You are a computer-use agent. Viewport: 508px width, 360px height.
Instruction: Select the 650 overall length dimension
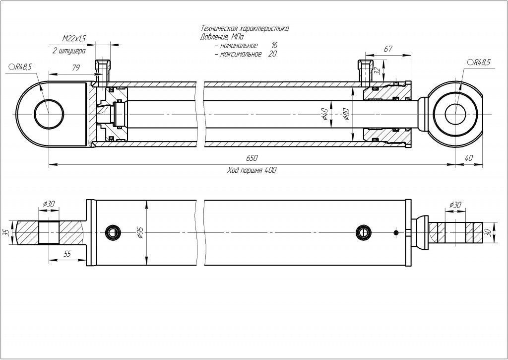252,158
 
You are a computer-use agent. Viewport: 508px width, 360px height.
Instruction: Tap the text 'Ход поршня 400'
252,170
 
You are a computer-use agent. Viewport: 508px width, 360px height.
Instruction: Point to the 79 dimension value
76,68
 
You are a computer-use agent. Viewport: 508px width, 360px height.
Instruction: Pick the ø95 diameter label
140,232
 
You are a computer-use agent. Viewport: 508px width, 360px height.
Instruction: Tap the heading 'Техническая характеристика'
245,29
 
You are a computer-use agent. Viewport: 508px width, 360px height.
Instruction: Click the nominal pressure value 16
274,46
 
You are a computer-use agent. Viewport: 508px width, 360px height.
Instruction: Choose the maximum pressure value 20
272,54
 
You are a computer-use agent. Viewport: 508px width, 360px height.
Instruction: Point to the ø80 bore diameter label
346,116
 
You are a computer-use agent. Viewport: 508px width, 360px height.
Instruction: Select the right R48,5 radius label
479,62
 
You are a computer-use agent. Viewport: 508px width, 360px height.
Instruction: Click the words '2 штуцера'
68,50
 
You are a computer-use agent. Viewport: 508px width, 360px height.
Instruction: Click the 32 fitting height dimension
377,71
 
